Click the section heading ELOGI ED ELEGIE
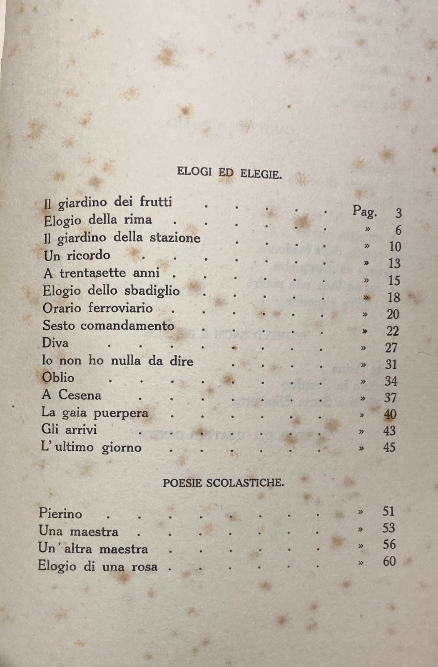tap(229, 172)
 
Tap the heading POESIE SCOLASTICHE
tap(224, 483)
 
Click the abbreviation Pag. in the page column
tap(365, 211)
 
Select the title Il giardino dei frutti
tap(108, 203)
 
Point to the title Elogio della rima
tap(98, 220)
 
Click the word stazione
tap(175, 238)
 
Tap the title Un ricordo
tap(77, 255)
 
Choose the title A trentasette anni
tap(101, 273)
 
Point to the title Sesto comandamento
tap(108, 326)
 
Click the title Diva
tap(55, 343)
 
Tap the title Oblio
tap(58, 378)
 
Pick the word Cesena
tap(80, 395)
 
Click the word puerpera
tap(121, 413)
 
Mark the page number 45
tap(389, 447)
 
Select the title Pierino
tap(60, 513)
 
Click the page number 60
tap(389, 562)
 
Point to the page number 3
tap(398, 213)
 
